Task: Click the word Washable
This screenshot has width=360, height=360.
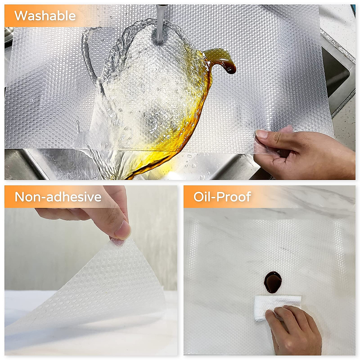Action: (45, 16)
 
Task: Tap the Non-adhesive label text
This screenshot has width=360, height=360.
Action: (58, 197)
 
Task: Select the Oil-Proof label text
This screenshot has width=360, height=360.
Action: (222, 197)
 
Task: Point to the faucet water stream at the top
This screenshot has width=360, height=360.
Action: (160, 24)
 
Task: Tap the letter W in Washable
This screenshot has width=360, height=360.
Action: (20, 16)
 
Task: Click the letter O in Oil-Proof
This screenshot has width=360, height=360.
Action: (198, 197)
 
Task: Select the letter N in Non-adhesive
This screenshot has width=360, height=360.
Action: (20, 197)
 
